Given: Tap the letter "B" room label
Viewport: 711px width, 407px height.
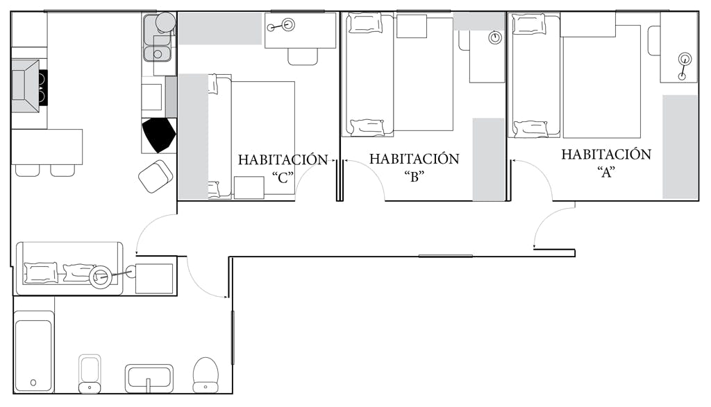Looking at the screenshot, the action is [414, 177].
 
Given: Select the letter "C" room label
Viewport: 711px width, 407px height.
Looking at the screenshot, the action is [283, 177].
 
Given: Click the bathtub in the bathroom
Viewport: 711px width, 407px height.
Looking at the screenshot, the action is [34, 356].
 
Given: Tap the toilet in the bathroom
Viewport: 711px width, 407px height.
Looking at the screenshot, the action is [206, 375].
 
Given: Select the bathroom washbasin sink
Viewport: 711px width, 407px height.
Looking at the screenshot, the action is [149, 378].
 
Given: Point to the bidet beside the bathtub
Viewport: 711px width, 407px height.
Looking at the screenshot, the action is [90, 374].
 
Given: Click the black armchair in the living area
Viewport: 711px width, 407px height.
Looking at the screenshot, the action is [158, 135].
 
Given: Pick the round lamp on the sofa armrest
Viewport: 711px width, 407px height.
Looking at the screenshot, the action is [100, 277].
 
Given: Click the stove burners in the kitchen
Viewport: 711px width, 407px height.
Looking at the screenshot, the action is [42, 88].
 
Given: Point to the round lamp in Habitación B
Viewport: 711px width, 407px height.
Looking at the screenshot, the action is [495, 37].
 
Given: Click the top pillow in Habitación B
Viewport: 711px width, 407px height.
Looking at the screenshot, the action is [365, 23].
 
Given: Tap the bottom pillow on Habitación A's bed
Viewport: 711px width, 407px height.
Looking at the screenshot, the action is [530, 128].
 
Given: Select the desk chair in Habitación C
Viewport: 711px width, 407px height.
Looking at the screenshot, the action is [303, 57].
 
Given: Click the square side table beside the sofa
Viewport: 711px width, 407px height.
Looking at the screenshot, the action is [154, 279].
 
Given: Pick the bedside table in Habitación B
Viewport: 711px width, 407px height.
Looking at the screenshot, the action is [412, 26].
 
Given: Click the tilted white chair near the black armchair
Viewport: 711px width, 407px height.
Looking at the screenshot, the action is [156, 176].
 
